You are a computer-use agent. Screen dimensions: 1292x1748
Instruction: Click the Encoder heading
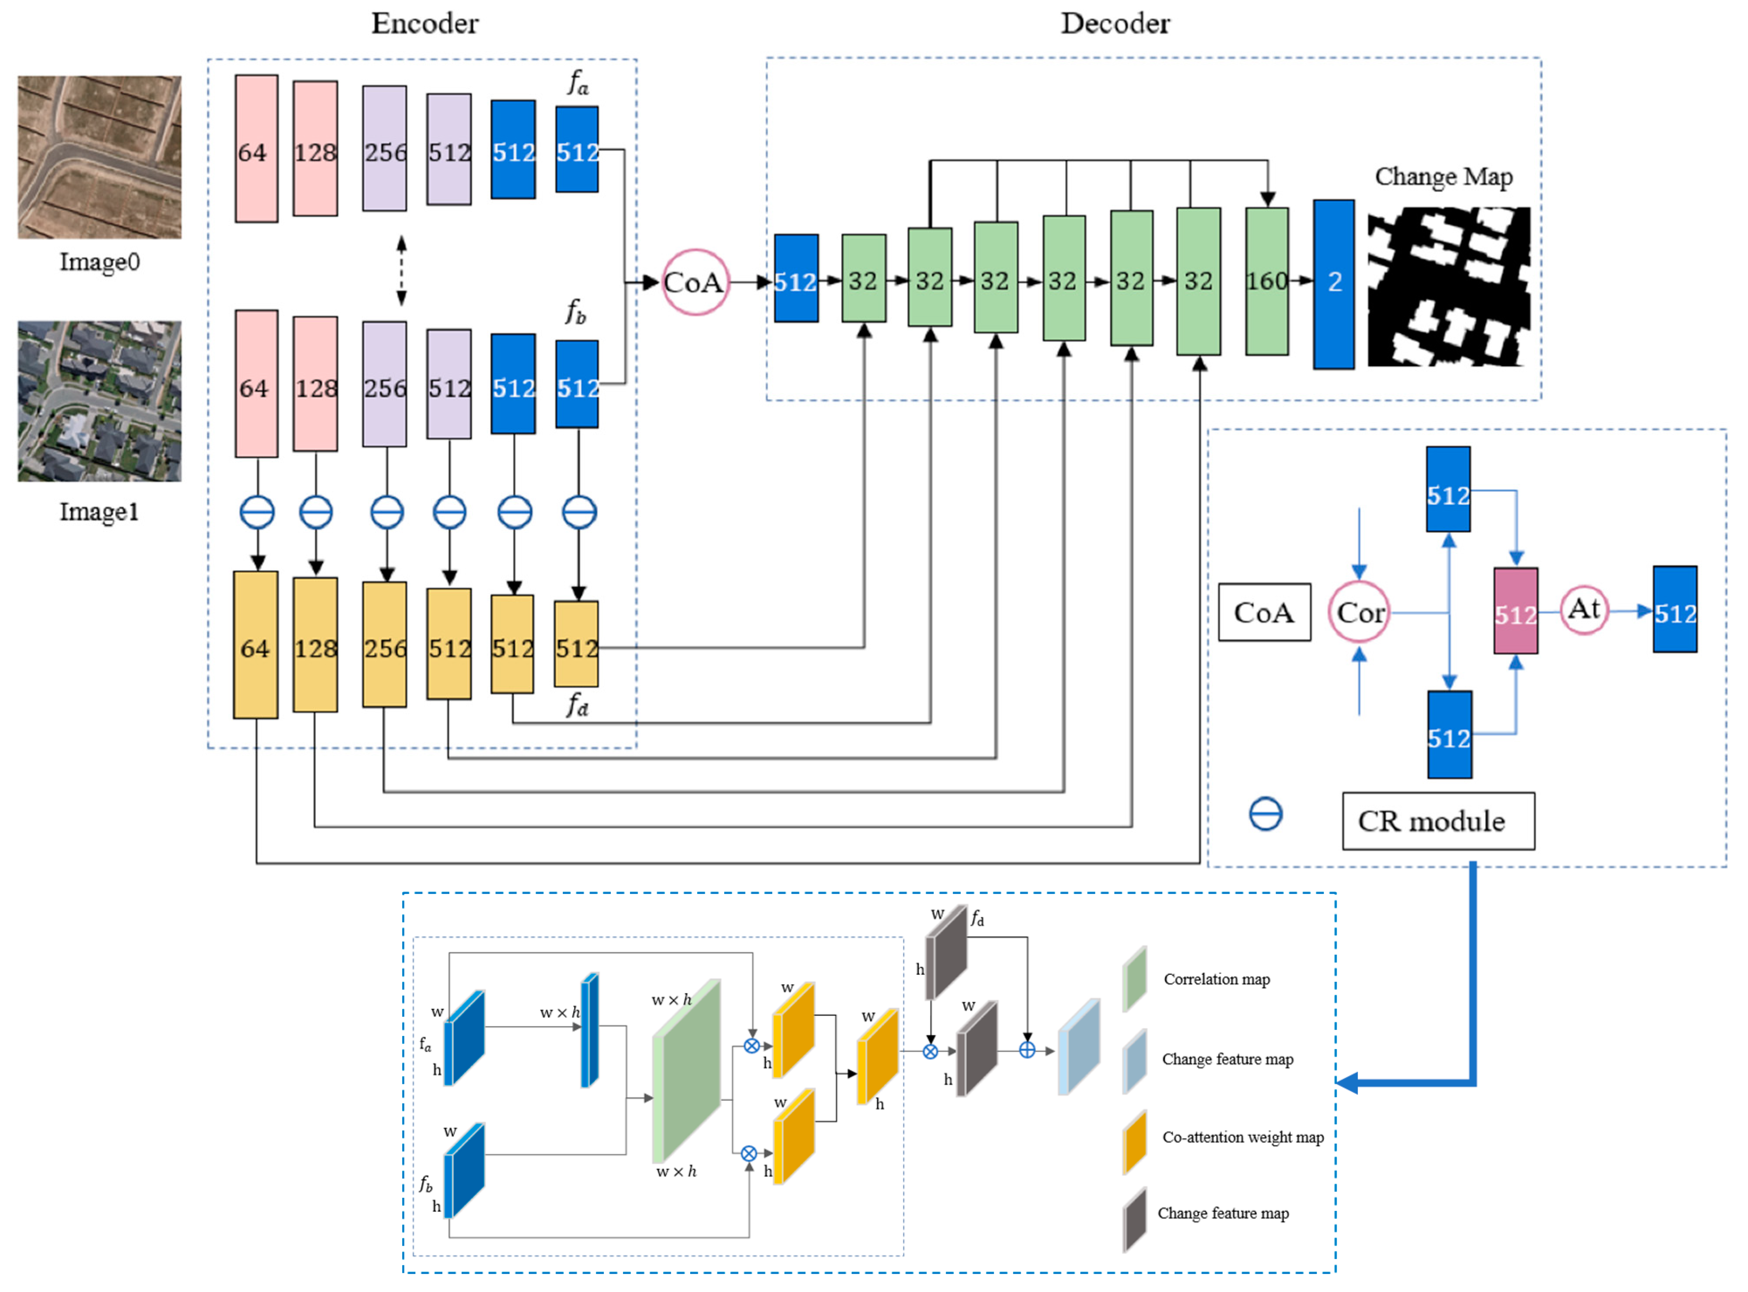[424, 24]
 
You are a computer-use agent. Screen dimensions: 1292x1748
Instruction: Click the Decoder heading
[1115, 24]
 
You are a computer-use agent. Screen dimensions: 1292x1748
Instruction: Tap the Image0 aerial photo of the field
[99, 156]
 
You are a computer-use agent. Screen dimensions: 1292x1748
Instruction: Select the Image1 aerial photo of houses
[99, 401]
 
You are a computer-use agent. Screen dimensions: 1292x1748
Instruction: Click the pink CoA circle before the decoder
[694, 282]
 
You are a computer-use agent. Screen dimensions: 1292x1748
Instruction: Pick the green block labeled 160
[1266, 281]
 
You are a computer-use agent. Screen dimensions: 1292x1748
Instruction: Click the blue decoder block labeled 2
[1334, 284]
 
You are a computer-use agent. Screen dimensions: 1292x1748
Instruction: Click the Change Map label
[1443, 177]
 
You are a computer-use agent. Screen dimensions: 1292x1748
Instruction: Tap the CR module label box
[1438, 821]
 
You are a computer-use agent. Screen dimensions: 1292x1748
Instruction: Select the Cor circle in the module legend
[1359, 612]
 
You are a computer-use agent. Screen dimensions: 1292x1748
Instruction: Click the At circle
[1584, 610]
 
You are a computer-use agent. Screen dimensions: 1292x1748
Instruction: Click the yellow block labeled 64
[256, 645]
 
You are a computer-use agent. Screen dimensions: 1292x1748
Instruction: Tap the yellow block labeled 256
[385, 645]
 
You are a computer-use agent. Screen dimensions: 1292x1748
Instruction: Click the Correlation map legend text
[1216, 979]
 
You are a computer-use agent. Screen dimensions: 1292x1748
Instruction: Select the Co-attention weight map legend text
[1242, 1137]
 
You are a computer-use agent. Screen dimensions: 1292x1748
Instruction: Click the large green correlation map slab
[686, 1072]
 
